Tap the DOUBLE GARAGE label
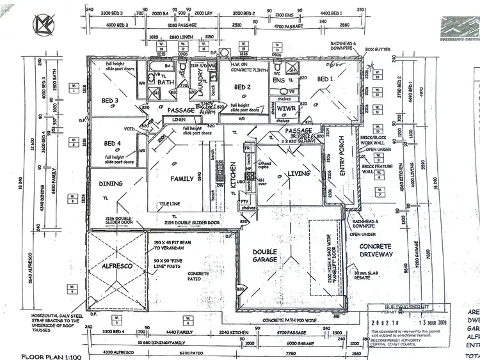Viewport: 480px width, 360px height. click(265, 256)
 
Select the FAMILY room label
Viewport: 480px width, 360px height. click(182, 179)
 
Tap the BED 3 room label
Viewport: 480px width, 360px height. click(109, 100)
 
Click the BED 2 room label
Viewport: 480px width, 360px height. click(242, 87)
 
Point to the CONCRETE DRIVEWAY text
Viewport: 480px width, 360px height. click(376, 251)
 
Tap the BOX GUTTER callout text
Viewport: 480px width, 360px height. click(378, 49)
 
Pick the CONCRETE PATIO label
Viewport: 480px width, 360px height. click(198, 277)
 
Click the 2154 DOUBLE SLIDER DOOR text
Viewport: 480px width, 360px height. click(192, 223)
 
